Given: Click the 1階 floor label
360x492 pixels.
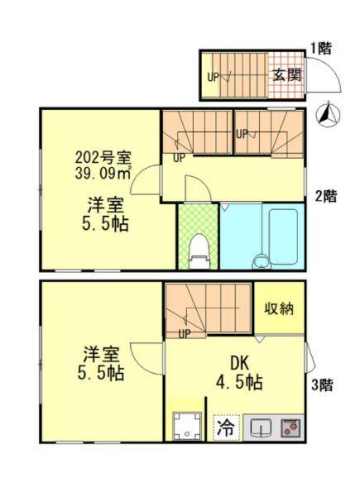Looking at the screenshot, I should coord(321,47).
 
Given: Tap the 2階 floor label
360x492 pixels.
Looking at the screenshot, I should coord(325,196).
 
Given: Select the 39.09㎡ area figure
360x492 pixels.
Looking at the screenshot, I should coord(102,174).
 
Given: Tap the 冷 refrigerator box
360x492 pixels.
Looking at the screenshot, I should coord(224,428).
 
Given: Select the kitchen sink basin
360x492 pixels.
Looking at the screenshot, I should coord(261,428).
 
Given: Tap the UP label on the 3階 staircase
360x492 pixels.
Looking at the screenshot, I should coord(184,333).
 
